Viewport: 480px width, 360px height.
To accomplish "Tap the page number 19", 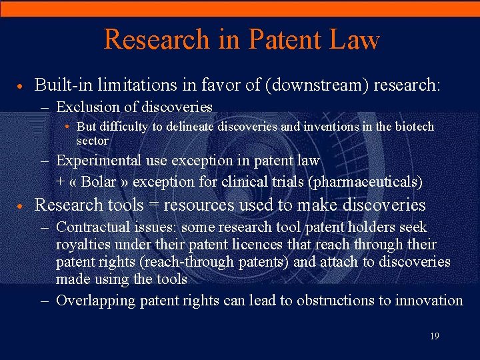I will tap(434, 337).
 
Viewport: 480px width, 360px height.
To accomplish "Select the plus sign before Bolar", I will tap(61, 181).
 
